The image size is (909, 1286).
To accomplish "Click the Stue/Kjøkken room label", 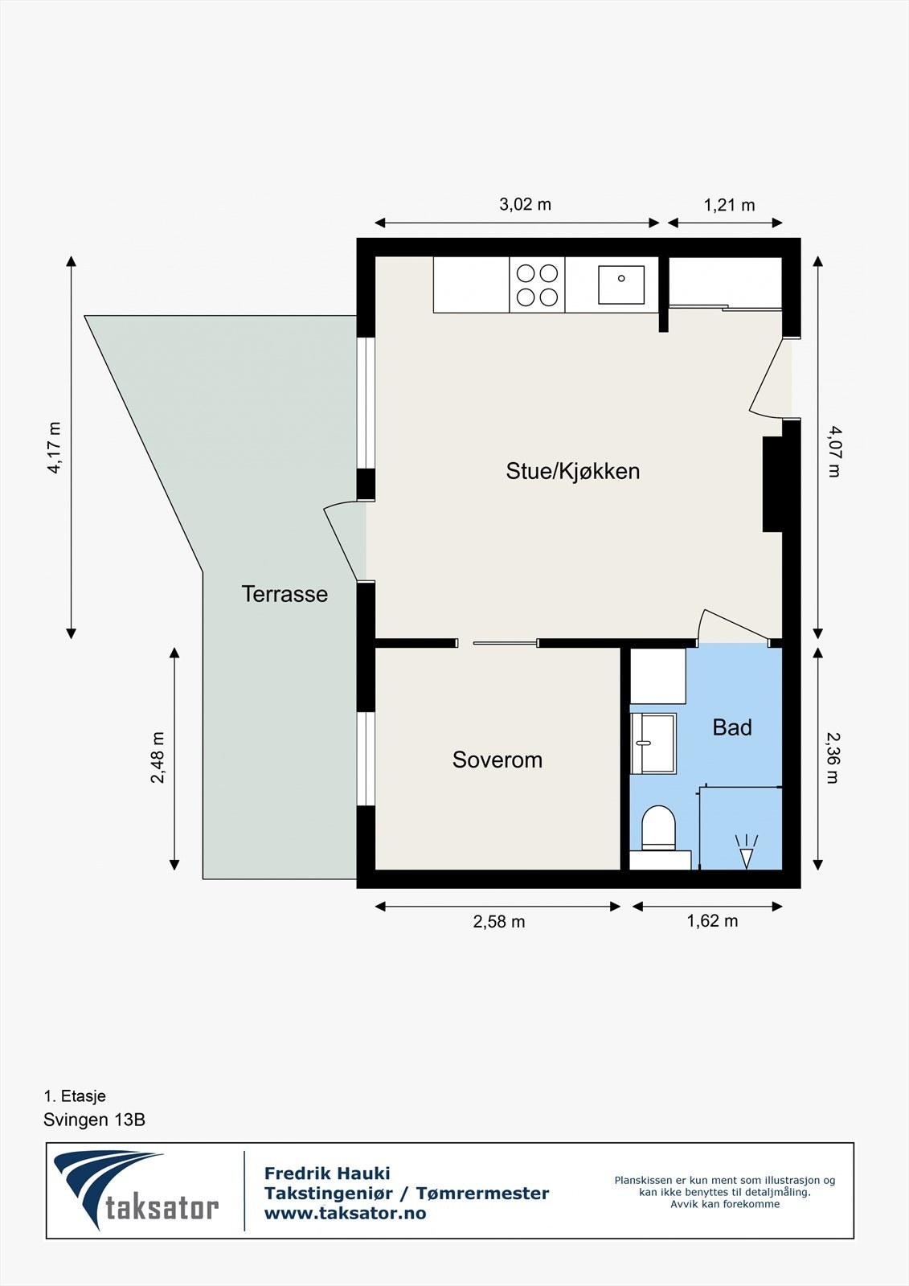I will (572, 471).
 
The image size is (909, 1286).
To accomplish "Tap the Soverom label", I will (497, 760).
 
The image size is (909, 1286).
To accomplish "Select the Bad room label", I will (732, 727).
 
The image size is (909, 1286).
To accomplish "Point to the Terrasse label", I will (285, 594).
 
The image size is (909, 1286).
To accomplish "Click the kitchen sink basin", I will (621, 285).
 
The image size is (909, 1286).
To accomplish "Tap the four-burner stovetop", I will (537, 285).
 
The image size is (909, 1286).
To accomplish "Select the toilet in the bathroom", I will (659, 828).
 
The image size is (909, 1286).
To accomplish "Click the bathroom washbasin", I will (653, 743).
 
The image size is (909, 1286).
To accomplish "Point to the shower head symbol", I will (747, 851).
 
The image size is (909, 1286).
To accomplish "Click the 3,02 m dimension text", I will (525, 204).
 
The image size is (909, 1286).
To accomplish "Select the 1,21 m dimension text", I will (729, 205).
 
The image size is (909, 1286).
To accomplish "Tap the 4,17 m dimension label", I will (55, 447).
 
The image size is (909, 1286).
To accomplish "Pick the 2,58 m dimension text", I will (498, 922).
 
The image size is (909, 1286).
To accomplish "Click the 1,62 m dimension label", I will (711, 921).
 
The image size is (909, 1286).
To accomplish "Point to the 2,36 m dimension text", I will (833, 757).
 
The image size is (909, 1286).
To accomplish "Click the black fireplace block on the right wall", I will (772, 484).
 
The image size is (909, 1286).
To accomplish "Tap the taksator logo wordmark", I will (162, 1207).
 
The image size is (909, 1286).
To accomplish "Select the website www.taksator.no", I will (345, 1214).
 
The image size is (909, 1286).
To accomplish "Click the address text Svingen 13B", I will (94, 1120).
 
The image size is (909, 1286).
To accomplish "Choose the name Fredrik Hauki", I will (327, 1173).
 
